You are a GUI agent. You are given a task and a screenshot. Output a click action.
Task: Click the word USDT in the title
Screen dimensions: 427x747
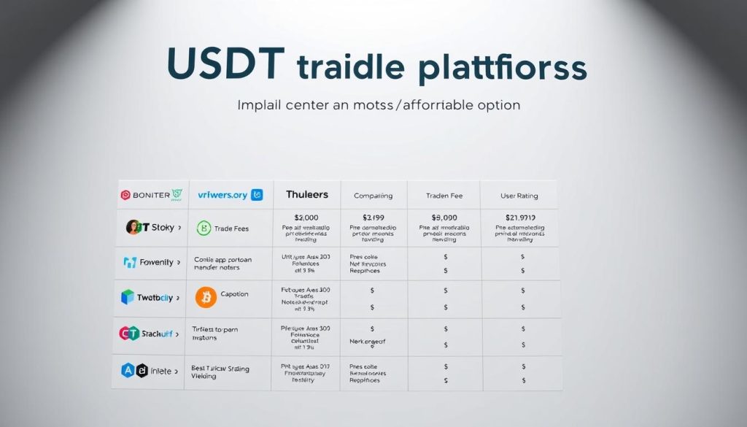(x=222, y=64)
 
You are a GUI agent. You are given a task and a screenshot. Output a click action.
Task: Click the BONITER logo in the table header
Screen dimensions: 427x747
(x=150, y=195)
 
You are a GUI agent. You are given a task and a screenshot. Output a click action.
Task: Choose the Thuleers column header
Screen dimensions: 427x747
(x=306, y=195)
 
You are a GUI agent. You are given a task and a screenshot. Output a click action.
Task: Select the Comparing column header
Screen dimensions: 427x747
(x=373, y=196)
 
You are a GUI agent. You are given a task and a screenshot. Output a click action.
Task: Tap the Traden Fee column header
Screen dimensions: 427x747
(x=445, y=196)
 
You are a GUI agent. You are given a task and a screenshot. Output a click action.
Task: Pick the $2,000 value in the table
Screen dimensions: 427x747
(x=306, y=217)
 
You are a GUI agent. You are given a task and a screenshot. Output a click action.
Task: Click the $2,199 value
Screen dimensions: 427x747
(x=373, y=217)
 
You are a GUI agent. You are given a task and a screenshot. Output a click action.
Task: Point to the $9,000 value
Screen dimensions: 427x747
(x=445, y=217)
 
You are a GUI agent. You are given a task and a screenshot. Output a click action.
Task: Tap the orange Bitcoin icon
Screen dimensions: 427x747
(x=206, y=296)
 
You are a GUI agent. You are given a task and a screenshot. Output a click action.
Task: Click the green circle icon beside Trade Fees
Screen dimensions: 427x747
(x=204, y=228)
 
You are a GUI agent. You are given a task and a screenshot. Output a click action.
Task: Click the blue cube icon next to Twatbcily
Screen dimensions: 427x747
(x=127, y=297)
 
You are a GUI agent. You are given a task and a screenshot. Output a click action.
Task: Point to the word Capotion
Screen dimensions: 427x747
(x=234, y=294)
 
